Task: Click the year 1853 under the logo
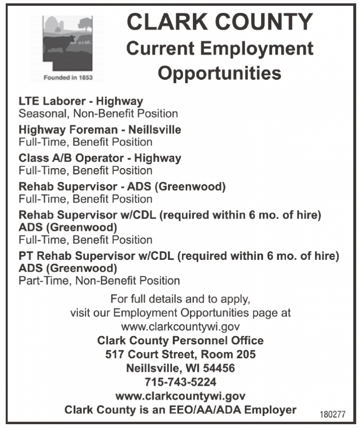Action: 84,77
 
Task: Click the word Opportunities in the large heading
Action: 219,73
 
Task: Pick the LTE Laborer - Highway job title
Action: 81,101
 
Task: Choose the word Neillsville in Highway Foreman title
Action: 155,130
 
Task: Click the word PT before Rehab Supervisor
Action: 26,256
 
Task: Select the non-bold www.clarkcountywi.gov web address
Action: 180,327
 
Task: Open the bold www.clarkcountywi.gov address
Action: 180,396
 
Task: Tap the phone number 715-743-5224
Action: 180,382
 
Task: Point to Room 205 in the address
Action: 227,355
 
